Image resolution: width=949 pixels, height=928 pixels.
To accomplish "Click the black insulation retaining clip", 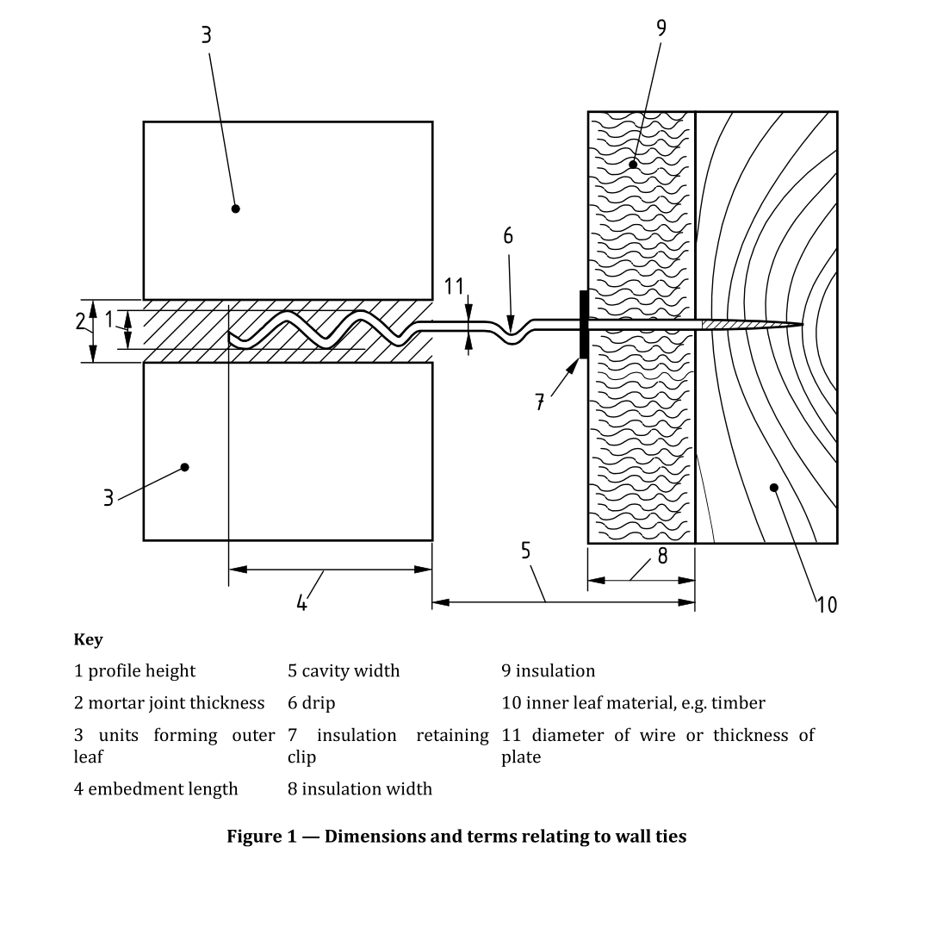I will pyautogui.click(x=585, y=324).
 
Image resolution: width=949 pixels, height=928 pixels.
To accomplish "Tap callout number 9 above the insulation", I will pyautogui.click(x=661, y=28).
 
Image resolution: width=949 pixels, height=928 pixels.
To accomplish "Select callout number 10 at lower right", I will pyautogui.click(x=826, y=604).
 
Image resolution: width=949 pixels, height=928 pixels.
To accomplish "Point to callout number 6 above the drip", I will pyautogui.click(x=508, y=236).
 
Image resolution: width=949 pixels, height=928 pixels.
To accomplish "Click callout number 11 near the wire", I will pyautogui.click(x=454, y=287).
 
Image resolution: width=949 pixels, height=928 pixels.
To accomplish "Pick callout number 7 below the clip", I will pyautogui.click(x=540, y=402).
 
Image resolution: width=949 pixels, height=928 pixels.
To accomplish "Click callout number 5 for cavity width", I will pyautogui.click(x=525, y=551).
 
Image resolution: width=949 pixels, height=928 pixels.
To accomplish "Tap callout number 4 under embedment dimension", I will pyautogui.click(x=301, y=602).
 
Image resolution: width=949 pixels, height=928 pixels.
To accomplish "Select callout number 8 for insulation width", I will pyautogui.click(x=662, y=556).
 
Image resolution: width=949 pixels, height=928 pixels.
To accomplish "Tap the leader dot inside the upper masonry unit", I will pyautogui.click(x=236, y=209).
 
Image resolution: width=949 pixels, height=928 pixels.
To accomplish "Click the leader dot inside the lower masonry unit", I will pyautogui.click(x=184, y=467).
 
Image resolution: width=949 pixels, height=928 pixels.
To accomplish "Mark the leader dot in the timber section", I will pyautogui.click(x=773, y=488).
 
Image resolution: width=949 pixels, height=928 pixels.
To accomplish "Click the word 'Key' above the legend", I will pyautogui.click(x=88, y=639).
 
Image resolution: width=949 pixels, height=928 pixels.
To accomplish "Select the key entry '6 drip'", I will pyautogui.click(x=311, y=703).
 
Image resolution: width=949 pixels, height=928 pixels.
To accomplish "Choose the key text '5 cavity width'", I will pyautogui.click(x=344, y=670).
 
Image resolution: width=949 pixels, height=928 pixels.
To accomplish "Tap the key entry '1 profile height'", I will pyautogui.click(x=134, y=670).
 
